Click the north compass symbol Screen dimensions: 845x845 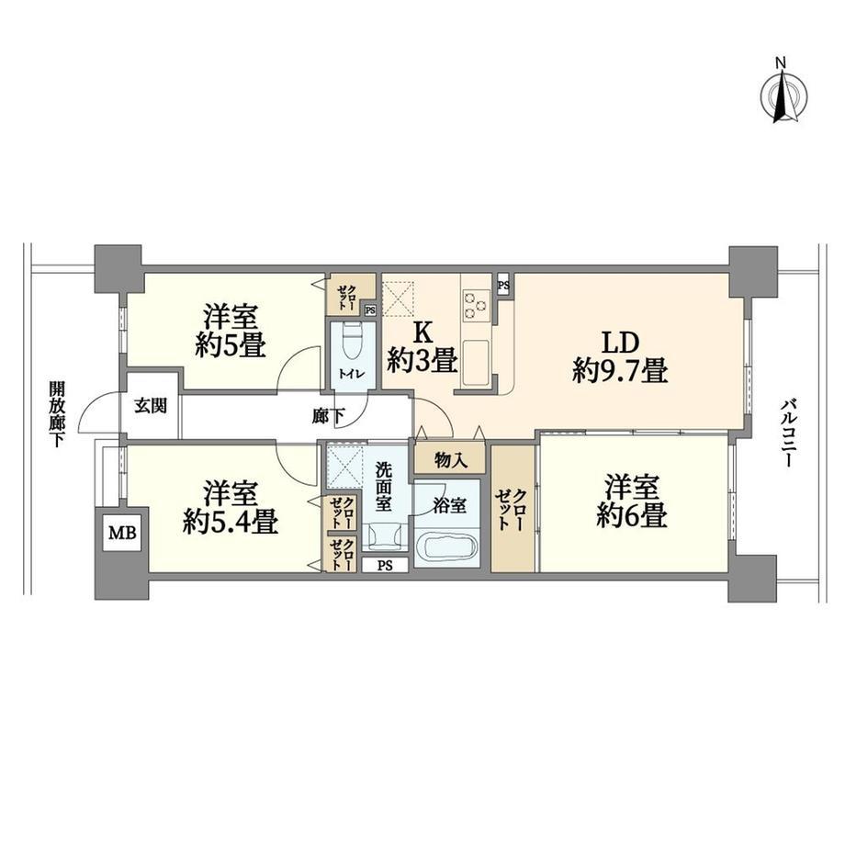(783, 96)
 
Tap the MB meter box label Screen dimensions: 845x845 (123, 533)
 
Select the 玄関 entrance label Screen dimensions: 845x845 (151, 405)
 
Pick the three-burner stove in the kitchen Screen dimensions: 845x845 (477, 306)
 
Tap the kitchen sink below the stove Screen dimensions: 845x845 (476, 363)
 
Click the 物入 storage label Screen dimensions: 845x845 (451, 460)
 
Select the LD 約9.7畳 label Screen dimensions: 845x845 (620, 356)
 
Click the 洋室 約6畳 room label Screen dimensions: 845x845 (632, 501)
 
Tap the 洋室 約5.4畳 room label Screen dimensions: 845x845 (231, 507)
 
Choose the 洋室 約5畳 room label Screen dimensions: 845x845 (231, 331)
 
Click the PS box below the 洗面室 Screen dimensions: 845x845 (385, 566)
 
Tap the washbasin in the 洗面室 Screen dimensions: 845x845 (385, 537)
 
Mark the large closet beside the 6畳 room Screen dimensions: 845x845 (513, 509)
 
